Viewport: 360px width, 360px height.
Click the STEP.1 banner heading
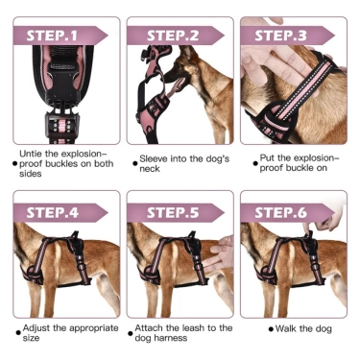click(52, 36)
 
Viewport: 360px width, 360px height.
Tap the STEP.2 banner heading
click(173, 36)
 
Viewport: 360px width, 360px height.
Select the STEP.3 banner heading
click(280, 36)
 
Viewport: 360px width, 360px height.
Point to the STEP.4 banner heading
click(52, 213)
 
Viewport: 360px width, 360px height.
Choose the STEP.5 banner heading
click(173, 213)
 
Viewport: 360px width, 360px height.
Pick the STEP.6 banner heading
click(280, 213)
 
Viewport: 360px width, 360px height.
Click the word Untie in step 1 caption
click(31, 154)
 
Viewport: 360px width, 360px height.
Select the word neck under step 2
click(150, 169)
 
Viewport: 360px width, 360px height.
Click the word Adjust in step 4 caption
click(36, 328)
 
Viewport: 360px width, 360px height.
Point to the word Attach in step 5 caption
click(149, 328)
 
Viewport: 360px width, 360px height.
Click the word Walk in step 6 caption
click(286, 328)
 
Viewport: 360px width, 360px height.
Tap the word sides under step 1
click(31, 174)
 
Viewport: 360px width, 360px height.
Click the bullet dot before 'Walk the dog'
click(271, 329)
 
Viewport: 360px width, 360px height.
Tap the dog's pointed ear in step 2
click(185, 52)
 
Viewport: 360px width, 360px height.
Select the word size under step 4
click(31, 339)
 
